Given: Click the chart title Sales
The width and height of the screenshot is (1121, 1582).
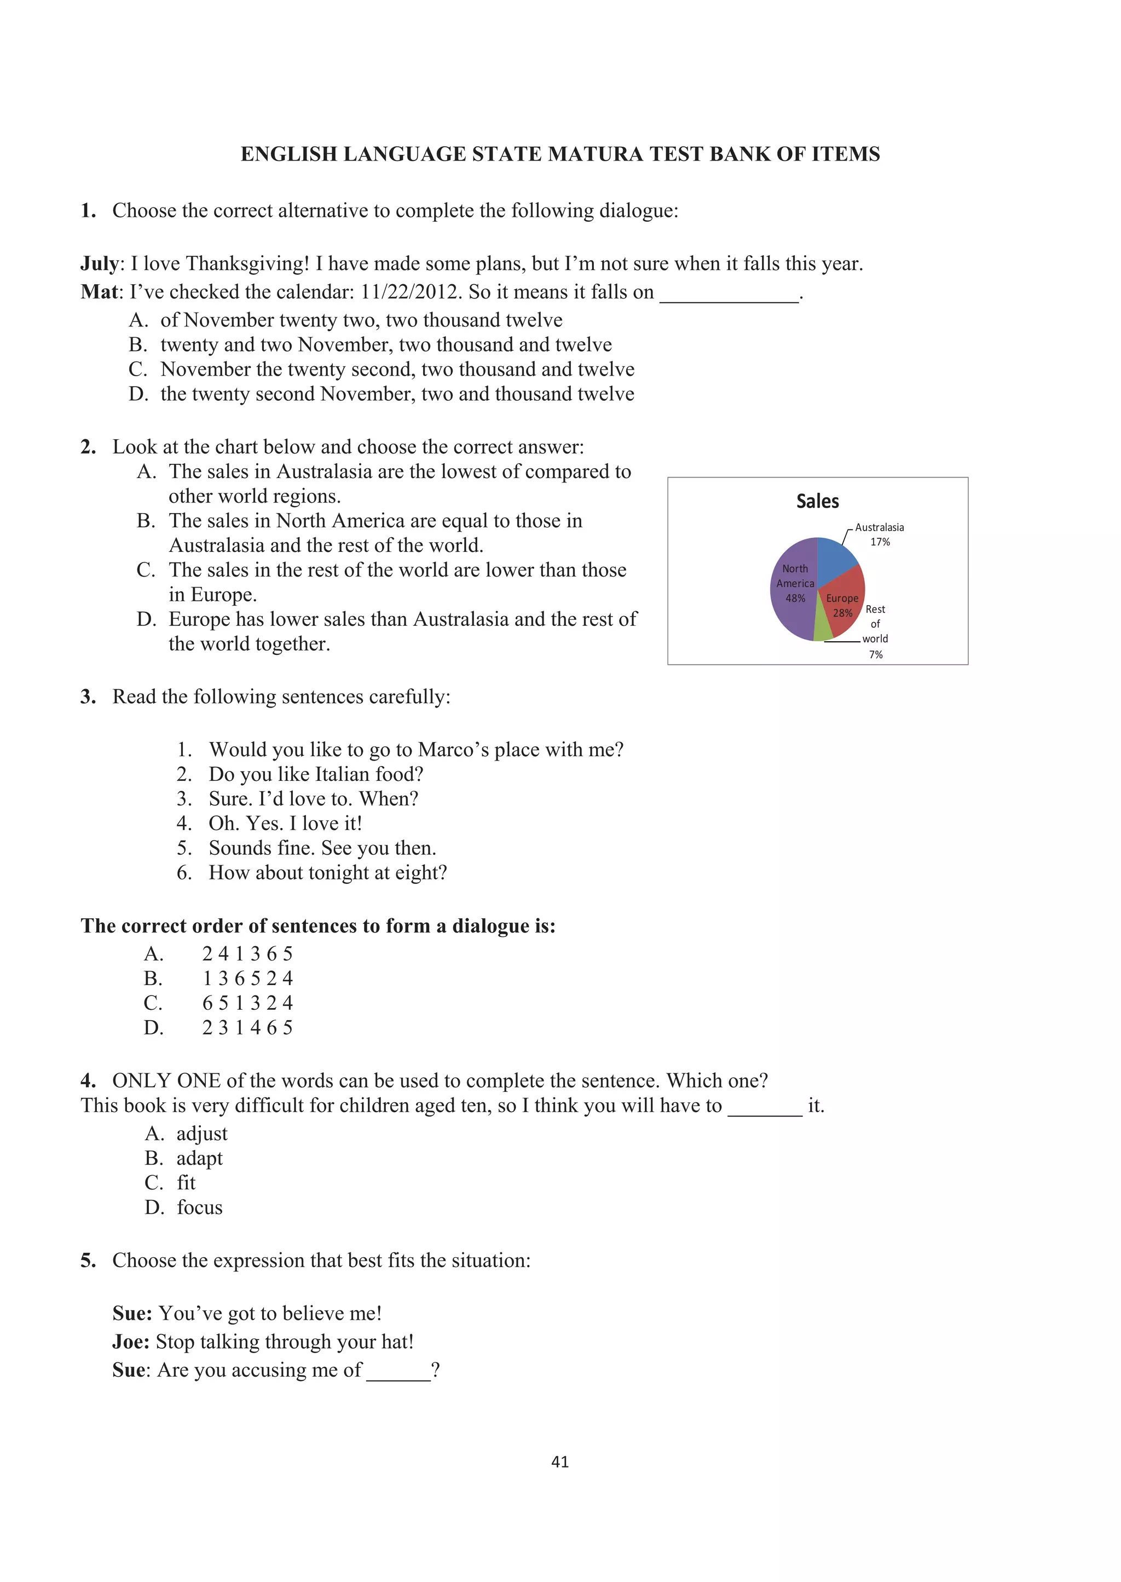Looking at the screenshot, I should [x=817, y=502].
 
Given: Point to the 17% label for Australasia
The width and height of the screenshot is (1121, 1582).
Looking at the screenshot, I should [x=880, y=542].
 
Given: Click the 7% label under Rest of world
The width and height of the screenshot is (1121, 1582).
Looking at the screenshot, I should [x=875, y=654].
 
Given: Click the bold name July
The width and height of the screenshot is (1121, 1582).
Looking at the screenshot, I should [x=100, y=264].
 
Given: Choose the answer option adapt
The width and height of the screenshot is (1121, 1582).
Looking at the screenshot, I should [x=199, y=1158].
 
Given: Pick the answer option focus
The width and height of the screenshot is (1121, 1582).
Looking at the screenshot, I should [x=199, y=1207].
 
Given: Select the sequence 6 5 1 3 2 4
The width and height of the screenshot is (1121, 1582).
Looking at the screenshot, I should [x=247, y=1003].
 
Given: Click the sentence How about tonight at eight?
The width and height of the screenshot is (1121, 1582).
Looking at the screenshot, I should [x=328, y=873].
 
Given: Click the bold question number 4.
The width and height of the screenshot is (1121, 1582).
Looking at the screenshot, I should [x=88, y=1080].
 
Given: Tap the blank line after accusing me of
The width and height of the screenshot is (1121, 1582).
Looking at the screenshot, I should [x=398, y=1371].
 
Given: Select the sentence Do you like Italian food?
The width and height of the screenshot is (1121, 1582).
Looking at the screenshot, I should [x=316, y=774].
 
